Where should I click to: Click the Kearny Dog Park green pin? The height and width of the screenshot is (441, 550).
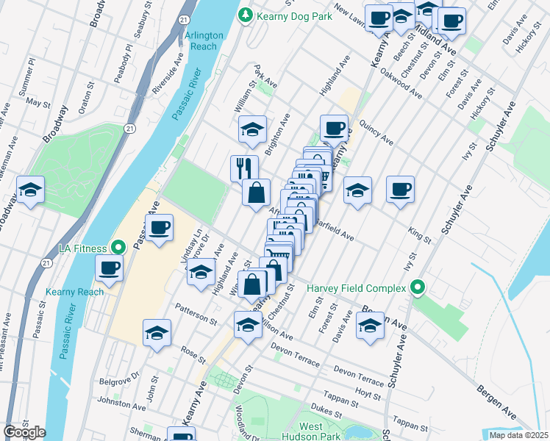coord(244,15)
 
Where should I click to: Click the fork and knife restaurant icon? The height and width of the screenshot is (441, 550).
coord(244,168)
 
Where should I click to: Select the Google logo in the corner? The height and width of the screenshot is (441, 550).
coord(24,432)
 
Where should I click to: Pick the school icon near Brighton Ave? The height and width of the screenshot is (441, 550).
coord(251,130)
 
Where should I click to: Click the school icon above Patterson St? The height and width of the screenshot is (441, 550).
coord(201,272)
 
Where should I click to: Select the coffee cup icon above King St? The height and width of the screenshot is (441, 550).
coord(401,190)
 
